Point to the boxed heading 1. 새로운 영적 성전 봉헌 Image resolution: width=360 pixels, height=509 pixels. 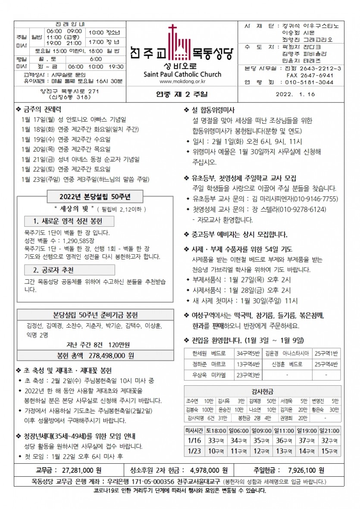69,222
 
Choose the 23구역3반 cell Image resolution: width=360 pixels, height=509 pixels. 248,375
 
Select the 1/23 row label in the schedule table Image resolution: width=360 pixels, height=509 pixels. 194,451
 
